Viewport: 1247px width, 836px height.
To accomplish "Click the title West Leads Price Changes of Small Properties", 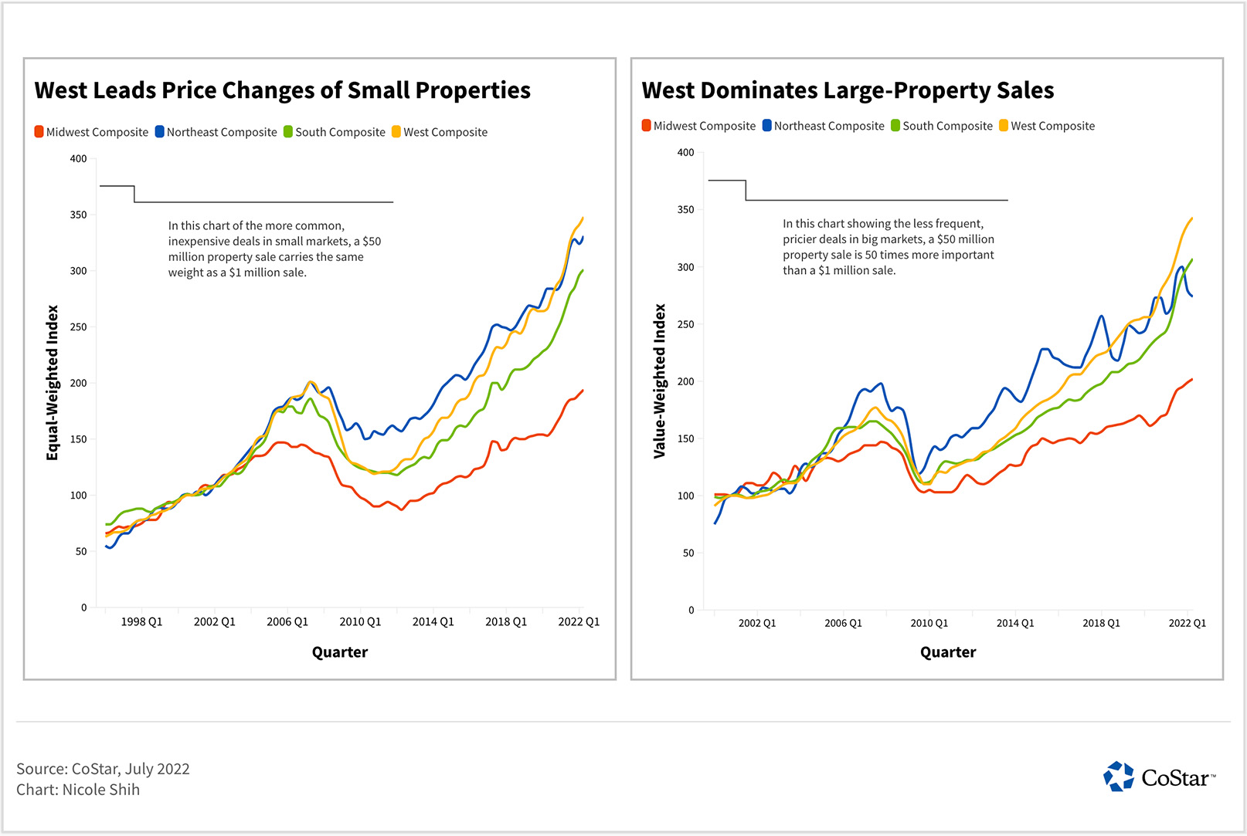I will [282, 90].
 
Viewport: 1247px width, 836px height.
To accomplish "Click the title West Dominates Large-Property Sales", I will [848, 90].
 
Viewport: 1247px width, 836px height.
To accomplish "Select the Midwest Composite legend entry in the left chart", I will [91, 132].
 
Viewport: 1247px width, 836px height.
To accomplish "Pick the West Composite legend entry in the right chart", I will [1047, 126].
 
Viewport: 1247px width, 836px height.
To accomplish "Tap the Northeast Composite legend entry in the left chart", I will [216, 132].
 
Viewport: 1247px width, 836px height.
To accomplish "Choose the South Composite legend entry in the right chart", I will [942, 126].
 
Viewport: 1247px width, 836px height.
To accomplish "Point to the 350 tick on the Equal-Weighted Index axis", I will [79, 215].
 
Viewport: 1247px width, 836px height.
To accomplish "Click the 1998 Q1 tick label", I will [141, 621].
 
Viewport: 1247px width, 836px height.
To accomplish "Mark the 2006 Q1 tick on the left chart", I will [287, 621].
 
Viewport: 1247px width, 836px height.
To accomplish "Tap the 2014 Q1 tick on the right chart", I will [1014, 623].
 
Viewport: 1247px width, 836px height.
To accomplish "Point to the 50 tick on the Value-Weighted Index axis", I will [688, 553].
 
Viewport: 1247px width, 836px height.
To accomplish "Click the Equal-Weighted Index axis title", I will [53, 383].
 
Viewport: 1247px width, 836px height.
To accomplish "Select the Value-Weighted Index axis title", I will [660, 381].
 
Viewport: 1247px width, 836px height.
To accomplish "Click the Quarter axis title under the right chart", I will [948, 652].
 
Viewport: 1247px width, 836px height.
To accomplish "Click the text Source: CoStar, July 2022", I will [103, 769].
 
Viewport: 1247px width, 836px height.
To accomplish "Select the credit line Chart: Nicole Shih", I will [78, 790].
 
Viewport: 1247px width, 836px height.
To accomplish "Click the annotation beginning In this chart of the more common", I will [274, 249].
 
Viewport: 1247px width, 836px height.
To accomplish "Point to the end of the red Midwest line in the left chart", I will [583, 391].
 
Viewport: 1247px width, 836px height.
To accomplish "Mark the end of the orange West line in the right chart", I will [1192, 218].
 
